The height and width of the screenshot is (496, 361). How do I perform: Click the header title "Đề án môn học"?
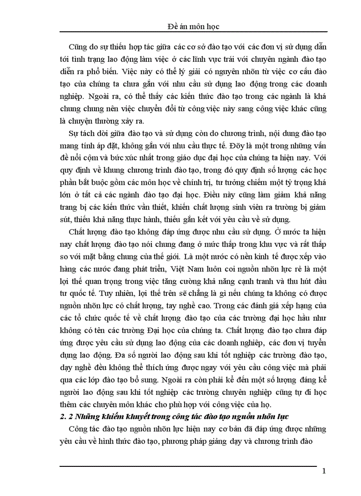click(194, 27)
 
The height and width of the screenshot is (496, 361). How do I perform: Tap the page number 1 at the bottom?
click(324, 471)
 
